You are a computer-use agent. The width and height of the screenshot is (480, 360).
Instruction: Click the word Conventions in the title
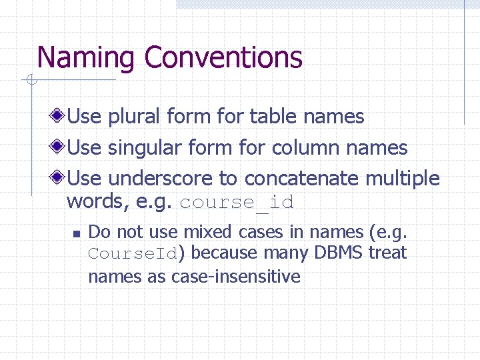[223, 58]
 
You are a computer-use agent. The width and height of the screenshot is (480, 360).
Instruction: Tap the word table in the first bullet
[273, 117]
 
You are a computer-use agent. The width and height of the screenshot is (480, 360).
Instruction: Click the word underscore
[160, 179]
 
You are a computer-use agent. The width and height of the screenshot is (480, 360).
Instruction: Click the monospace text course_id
[237, 202]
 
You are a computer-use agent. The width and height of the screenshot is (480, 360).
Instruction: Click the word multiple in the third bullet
[403, 179]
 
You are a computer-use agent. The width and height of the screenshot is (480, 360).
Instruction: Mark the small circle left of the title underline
[31, 81]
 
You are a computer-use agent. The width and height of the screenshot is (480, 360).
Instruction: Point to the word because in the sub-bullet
[224, 253]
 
